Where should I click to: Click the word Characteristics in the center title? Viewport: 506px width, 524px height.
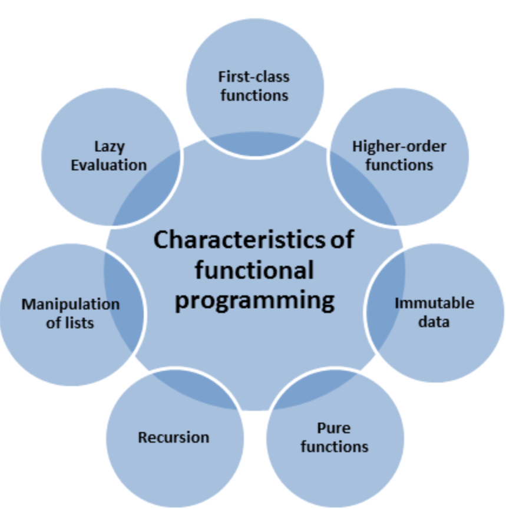click(237, 240)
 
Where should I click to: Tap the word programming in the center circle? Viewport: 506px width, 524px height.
click(255, 299)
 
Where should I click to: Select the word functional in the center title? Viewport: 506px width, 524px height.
click(254, 270)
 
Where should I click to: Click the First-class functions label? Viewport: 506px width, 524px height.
click(254, 85)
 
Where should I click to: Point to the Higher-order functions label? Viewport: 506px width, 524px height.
click(399, 155)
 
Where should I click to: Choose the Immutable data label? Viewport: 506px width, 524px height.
click(434, 312)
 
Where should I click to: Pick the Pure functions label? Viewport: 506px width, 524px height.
click(334, 437)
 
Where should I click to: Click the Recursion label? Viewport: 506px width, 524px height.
click(174, 437)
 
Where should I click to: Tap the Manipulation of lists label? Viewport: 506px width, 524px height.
click(70, 313)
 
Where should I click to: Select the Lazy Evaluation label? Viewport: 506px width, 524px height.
click(109, 155)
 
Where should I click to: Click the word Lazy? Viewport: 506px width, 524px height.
click(110, 146)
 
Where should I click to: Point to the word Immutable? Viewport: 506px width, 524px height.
click(434, 304)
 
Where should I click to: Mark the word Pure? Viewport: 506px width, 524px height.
click(334, 428)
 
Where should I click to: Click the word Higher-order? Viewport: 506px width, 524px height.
click(399, 146)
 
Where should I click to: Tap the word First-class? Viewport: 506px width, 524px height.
click(254, 77)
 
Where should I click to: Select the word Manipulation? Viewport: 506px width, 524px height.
click(70, 304)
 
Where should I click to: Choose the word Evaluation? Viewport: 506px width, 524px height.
click(109, 164)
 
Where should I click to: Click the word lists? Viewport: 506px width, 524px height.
click(80, 322)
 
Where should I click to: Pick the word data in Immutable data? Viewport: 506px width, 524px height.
click(434, 322)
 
